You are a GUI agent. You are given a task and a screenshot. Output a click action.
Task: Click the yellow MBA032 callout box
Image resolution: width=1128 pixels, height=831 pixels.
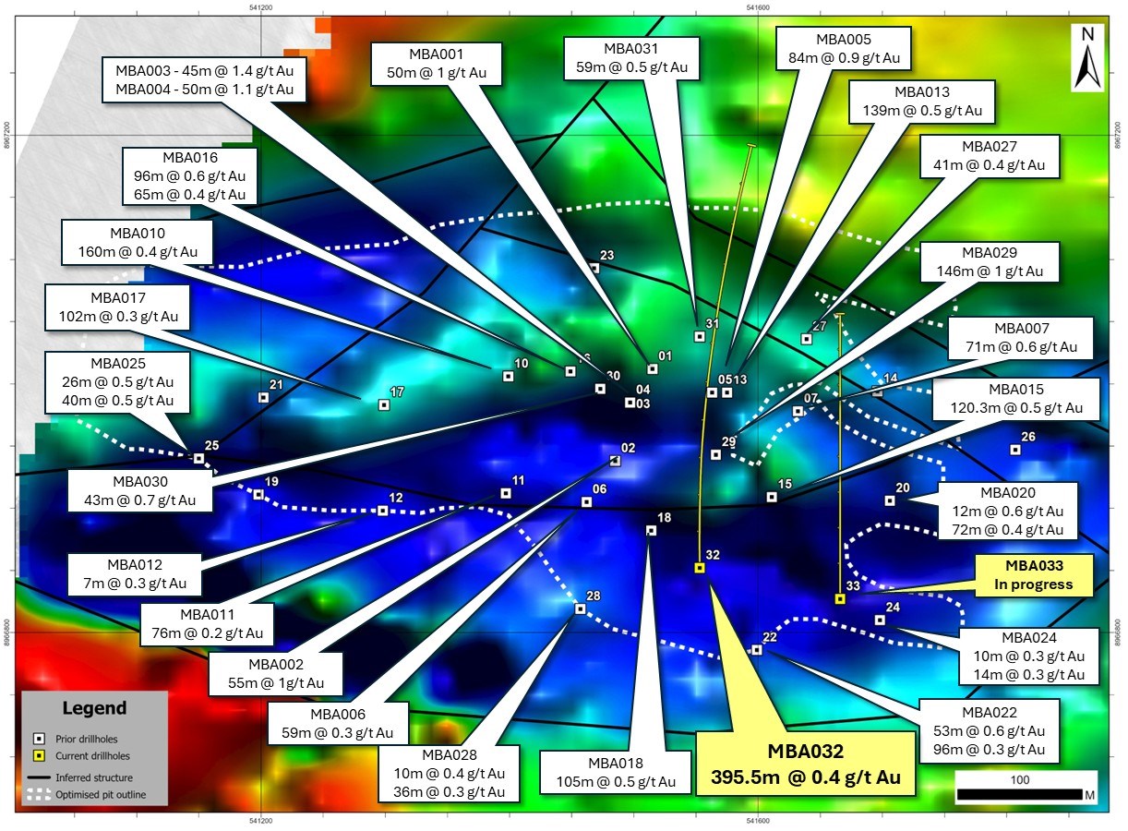[807, 762]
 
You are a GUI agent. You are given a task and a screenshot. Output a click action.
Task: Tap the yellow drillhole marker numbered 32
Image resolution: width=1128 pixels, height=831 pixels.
[699, 568]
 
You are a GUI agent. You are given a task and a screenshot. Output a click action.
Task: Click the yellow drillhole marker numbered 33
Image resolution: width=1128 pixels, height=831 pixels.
[840, 598]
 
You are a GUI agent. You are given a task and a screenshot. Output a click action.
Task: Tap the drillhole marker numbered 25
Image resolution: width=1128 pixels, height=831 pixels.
[198, 458]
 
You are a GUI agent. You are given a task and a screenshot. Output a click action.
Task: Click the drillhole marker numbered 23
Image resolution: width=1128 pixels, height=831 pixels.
[594, 269]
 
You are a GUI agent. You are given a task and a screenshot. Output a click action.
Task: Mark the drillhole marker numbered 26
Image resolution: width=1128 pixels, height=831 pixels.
[1015, 450]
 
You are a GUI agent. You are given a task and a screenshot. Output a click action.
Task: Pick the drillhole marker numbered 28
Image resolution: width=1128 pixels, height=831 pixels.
[580, 608]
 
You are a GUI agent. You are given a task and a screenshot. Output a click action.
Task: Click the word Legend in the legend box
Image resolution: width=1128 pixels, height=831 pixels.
[94, 709]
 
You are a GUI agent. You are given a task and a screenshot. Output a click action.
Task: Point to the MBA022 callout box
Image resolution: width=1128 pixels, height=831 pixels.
[989, 730]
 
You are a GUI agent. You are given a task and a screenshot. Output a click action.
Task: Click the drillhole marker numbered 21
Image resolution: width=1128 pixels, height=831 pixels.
[263, 397]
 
